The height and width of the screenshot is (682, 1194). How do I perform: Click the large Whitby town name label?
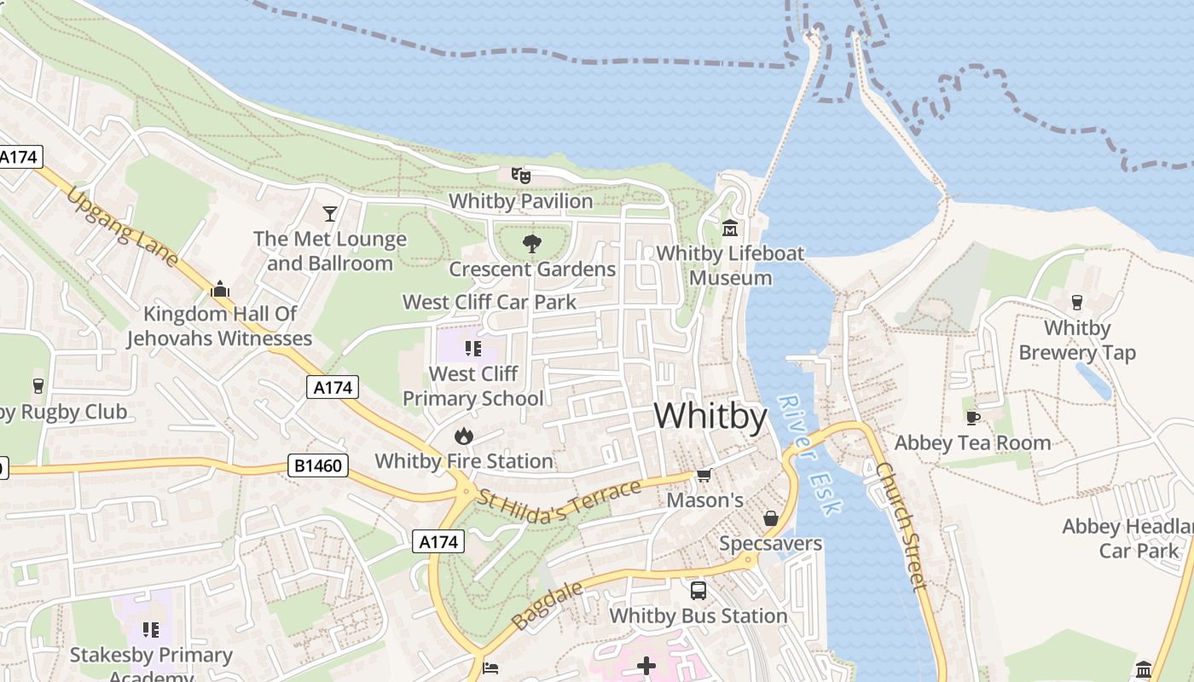pos(710,416)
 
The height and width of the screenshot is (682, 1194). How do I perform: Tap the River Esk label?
pos(810,455)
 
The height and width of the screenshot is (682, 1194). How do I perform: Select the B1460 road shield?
pos(317,465)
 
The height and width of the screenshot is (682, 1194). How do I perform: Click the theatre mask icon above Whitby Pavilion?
pos(521,176)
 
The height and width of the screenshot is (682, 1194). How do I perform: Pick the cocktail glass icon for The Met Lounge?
pos(330,213)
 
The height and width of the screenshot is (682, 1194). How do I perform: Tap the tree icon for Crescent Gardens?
pos(531,244)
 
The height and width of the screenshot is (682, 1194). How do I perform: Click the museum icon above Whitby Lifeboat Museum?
pos(730,228)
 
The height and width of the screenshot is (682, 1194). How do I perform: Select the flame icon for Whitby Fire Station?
pos(463,436)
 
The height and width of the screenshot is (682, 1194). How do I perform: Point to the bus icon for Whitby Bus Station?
pos(698,590)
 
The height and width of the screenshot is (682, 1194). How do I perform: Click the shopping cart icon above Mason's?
pos(704,475)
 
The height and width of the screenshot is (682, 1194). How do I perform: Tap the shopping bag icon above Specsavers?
pos(770,518)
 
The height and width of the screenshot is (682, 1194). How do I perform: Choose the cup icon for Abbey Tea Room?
pos(972,418)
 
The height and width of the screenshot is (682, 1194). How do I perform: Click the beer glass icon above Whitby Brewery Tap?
pos(1076,303)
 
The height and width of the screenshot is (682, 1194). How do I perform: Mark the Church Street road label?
pos(901,526)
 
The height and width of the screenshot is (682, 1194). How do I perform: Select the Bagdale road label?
pos(548,605)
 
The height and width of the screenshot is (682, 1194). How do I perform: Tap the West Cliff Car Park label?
pos(489,302)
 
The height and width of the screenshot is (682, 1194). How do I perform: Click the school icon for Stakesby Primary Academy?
pos(151,630)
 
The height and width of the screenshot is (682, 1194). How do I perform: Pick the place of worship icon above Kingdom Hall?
pos(220,289)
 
